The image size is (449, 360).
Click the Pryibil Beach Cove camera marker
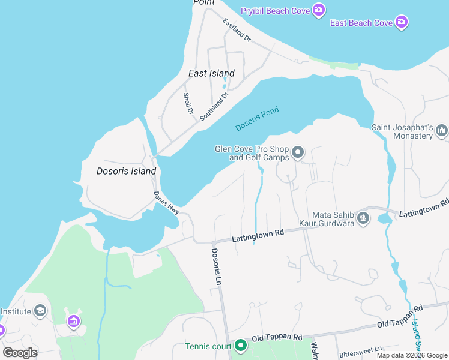pyautogui.click(x=319, y=10)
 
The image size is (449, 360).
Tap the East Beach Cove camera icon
pyautogui.click(x=402, y=23)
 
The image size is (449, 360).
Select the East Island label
pyautogui.click(x=211, y=73)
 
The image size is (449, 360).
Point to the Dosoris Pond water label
pyautogui.click(x=257, y=119)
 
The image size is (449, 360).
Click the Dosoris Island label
pyautogui.click(x=126, y=171)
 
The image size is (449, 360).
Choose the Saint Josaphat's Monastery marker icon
pyautogui.click(x=442, y=130)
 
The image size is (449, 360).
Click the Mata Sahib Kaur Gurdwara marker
pyautogui.click(x=363, y=218)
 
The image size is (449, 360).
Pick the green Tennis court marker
pyautogui.click(x=241, y=346)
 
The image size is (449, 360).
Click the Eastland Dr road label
pyautogui.click(x=236, y=29)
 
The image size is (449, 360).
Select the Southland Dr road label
pyautogui.click(x=215, y=106)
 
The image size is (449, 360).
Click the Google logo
pyautogui.click(x=20, y=353)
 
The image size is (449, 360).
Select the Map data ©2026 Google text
pyautogui.click(x=412, y=355)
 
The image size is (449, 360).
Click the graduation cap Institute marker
pyautogui.click(x=40, y=311)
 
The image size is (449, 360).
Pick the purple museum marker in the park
pyautogui.click(x=74, y=322)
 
